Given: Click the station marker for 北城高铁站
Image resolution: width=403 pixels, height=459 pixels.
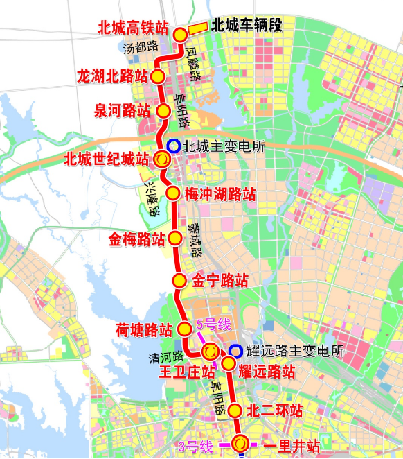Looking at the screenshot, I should coord(180,35).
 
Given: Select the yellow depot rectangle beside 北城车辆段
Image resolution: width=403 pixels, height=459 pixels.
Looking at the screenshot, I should coord(198,28).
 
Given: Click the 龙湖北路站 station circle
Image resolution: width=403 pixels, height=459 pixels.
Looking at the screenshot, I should coord(158,76).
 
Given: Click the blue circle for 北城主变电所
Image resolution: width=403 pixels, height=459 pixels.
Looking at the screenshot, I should coord(173,147).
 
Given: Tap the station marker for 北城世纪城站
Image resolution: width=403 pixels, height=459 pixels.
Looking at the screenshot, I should coord(161,159).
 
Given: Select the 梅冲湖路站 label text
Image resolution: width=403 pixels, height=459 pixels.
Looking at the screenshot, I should coord(220,195).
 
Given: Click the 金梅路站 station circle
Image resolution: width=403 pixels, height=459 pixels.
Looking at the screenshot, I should coord(176,240).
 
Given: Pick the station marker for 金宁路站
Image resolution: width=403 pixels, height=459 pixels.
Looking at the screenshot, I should coord(179,281).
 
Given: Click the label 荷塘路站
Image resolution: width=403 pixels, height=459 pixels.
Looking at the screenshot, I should coord(144,329).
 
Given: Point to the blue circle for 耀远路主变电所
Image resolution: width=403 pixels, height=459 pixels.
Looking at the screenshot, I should coord(236,351).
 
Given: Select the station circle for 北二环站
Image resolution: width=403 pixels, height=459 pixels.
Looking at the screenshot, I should coord(235,410).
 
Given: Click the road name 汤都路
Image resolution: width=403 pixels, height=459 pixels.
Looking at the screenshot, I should coord(141,48).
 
